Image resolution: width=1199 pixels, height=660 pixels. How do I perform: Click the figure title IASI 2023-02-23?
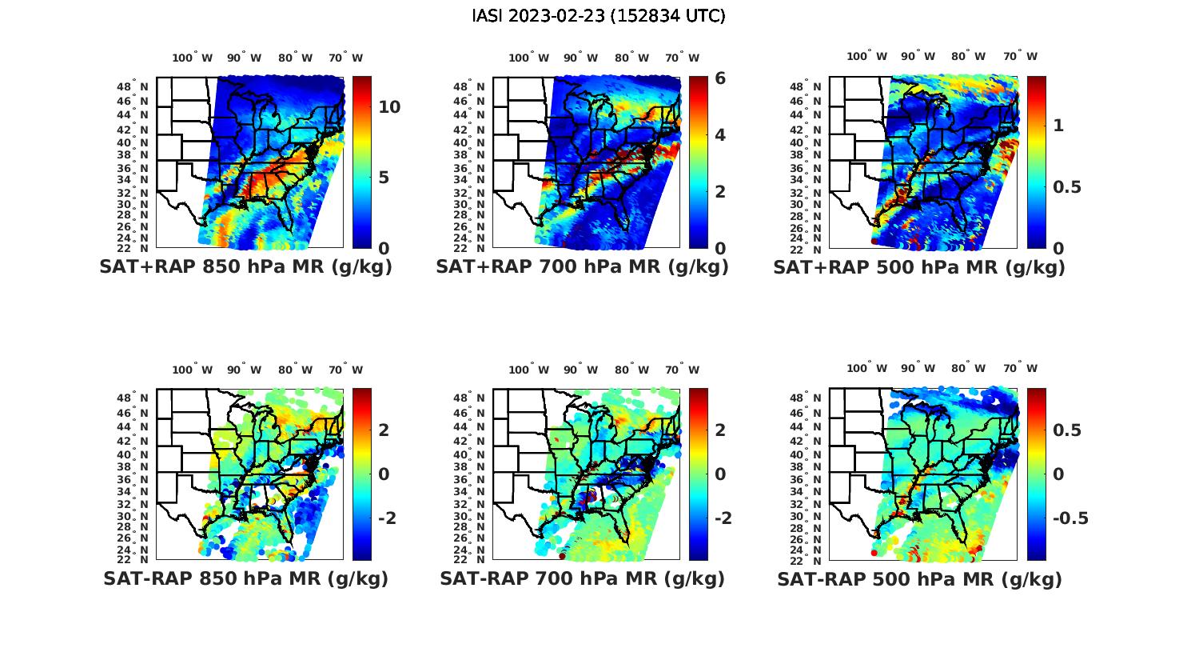599,16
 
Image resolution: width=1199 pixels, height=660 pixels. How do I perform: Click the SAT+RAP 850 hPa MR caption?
245,267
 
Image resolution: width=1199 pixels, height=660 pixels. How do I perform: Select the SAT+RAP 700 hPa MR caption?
582,267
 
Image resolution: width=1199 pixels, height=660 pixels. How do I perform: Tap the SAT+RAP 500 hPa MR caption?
919,267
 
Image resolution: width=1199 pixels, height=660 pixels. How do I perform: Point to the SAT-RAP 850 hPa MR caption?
245,578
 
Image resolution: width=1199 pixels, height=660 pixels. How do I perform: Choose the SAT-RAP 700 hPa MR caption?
582,578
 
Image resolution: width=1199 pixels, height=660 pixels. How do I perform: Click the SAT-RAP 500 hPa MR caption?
919,578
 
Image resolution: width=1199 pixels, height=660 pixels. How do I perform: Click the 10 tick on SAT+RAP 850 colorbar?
389,107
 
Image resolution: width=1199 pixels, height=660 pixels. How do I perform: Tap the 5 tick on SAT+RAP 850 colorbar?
384,177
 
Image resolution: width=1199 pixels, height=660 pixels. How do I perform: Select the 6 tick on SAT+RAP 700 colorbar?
720,78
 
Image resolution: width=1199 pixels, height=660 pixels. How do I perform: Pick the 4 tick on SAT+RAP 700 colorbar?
720,134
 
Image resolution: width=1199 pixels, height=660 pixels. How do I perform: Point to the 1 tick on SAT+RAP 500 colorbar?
1059,126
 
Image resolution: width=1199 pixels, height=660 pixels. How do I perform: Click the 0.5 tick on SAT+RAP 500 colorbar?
1069,186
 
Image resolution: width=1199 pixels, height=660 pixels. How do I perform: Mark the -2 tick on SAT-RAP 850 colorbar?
388,518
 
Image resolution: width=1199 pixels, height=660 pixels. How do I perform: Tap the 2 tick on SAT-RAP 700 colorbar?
720,430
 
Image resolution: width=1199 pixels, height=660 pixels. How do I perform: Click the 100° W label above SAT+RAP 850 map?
193,58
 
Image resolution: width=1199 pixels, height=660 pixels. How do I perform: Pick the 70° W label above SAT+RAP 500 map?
1021,56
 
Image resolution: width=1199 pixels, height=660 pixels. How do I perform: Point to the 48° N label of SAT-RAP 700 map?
472,398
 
